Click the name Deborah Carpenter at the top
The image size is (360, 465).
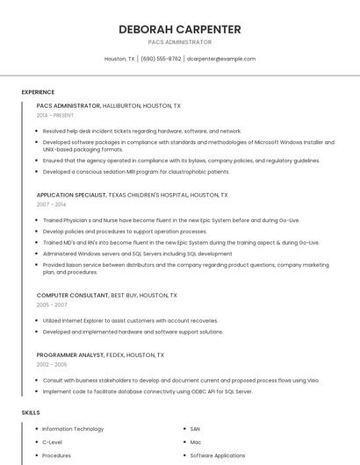pyautogui.click(x=179, y=29)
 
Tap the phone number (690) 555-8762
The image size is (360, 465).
pyautogui.click(x=161, y=59)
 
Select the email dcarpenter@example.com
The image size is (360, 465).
pyautogui.click(x=221, y=59)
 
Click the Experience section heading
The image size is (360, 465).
pyautogui.click(x=38, y=92)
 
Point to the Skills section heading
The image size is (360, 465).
pyautogui.click(x=31, y=411)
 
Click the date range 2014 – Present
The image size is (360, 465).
pyautogui.click(x=54, y=115)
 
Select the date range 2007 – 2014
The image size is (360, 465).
pyautogui.click(x=51, y=204)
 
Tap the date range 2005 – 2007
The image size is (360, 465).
pyautogui.click(x=52, y=304)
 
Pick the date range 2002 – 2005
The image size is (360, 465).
pyautogui.click(x=52, y=364)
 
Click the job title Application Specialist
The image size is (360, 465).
pyautogui.click(x=70, y=195)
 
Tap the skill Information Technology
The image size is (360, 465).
pyautogui.click(x=73, y=429)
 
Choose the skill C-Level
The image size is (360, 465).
pyautogui.click(x=52, y=442)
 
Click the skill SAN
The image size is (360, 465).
pyautogui.click(x=195, y=429)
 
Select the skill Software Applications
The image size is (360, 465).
pyautogui.click(x=218, y=455)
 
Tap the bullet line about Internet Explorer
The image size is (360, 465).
pyautogui.click(x=130, y=320)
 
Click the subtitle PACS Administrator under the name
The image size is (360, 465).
pyautogui.click(x=179, y=42)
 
